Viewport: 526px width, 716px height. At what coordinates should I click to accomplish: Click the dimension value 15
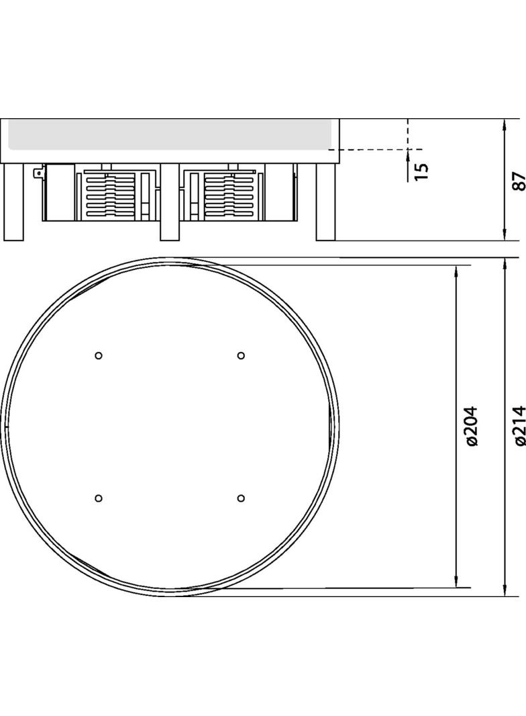pyautogui.click(x=421, y=171)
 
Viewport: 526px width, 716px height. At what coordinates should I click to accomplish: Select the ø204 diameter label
pyautogui.click(x=472, y=427)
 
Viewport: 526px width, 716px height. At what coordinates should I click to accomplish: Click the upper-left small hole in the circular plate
pyautogui.click(x=99, y=355)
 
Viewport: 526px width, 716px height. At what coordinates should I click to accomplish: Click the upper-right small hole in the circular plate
pyautogui.click(x=241, y=355)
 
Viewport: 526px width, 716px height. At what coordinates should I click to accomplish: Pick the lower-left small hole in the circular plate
pyautogui.click(x=99, y=498)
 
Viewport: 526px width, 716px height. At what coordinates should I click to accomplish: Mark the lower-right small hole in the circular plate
pyautogui.click(x=241, y=498)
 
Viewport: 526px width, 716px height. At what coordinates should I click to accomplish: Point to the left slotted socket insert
pyautogui.click(x=110, y=196)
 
